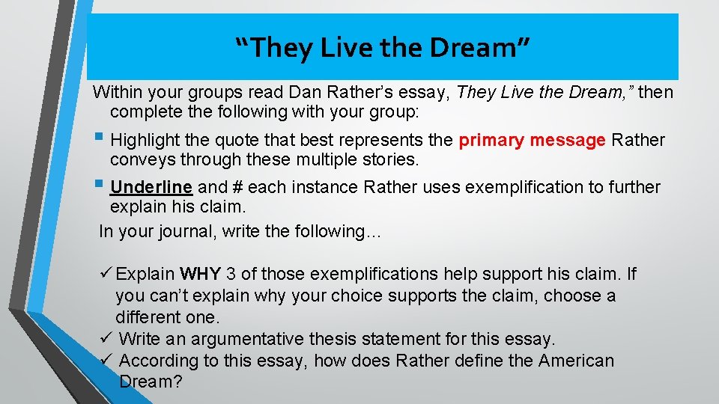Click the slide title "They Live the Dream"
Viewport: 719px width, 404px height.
(383, 48)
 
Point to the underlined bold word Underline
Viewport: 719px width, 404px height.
(151, 187)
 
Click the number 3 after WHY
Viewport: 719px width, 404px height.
(232, 275)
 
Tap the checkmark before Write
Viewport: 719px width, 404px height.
(106, 338)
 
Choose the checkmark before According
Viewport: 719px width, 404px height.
(106, 360)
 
